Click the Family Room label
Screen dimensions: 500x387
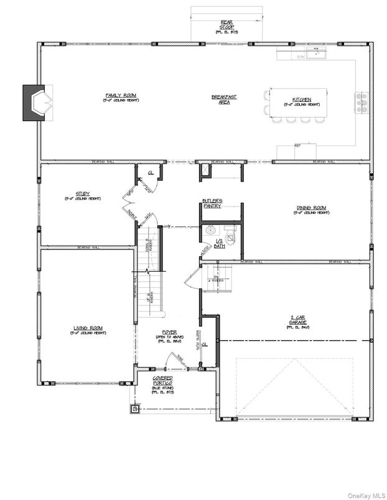(x=121, y=96)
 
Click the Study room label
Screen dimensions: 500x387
(x=83, y=194)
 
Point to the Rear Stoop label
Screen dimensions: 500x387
(x=226, y=24)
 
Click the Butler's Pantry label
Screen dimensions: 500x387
(x=212, y=203)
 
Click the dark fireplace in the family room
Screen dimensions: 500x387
(x=35, y=102)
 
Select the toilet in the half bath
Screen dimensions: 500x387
(x=231, y=233)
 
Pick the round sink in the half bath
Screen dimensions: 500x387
(x=210, y=231)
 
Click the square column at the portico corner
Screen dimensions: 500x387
(x=135, y=409)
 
